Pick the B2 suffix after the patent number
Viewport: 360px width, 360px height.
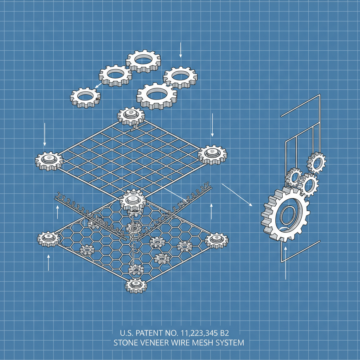(x=224, y=333)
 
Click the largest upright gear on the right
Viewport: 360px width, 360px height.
(x=285, y=214)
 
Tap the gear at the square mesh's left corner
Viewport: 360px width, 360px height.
(x=49, y=161)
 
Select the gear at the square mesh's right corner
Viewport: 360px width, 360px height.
(x=212, y=155)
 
